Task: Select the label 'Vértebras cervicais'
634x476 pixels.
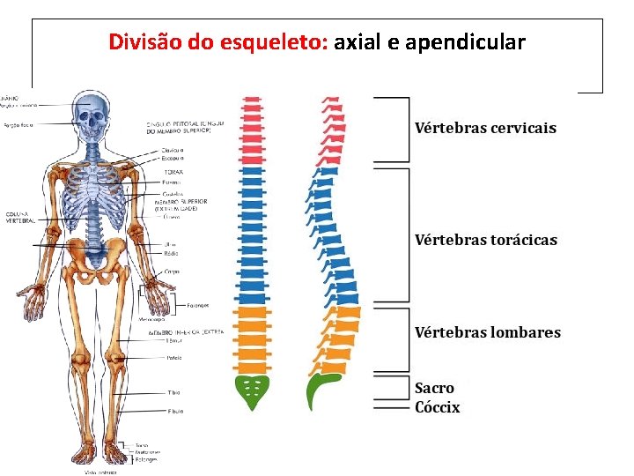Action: [x=485, y=128]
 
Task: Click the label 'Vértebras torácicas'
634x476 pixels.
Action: [x=485, y=240]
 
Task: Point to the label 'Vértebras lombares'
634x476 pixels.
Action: [x=487, y=332]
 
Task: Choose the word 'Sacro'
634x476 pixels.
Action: [x=434, y=388]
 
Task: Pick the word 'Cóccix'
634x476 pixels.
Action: [x=437, y=406]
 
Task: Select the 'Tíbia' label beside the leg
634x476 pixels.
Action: [x=173, y=392]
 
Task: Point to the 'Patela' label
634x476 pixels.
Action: [x=174, y=358]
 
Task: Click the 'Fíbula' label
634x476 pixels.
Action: [x=175, y=411]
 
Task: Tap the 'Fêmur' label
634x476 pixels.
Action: [x=174, y=340]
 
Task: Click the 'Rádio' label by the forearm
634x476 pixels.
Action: [x=171, y=254]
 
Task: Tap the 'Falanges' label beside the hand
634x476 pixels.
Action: [x=197, y=306]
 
